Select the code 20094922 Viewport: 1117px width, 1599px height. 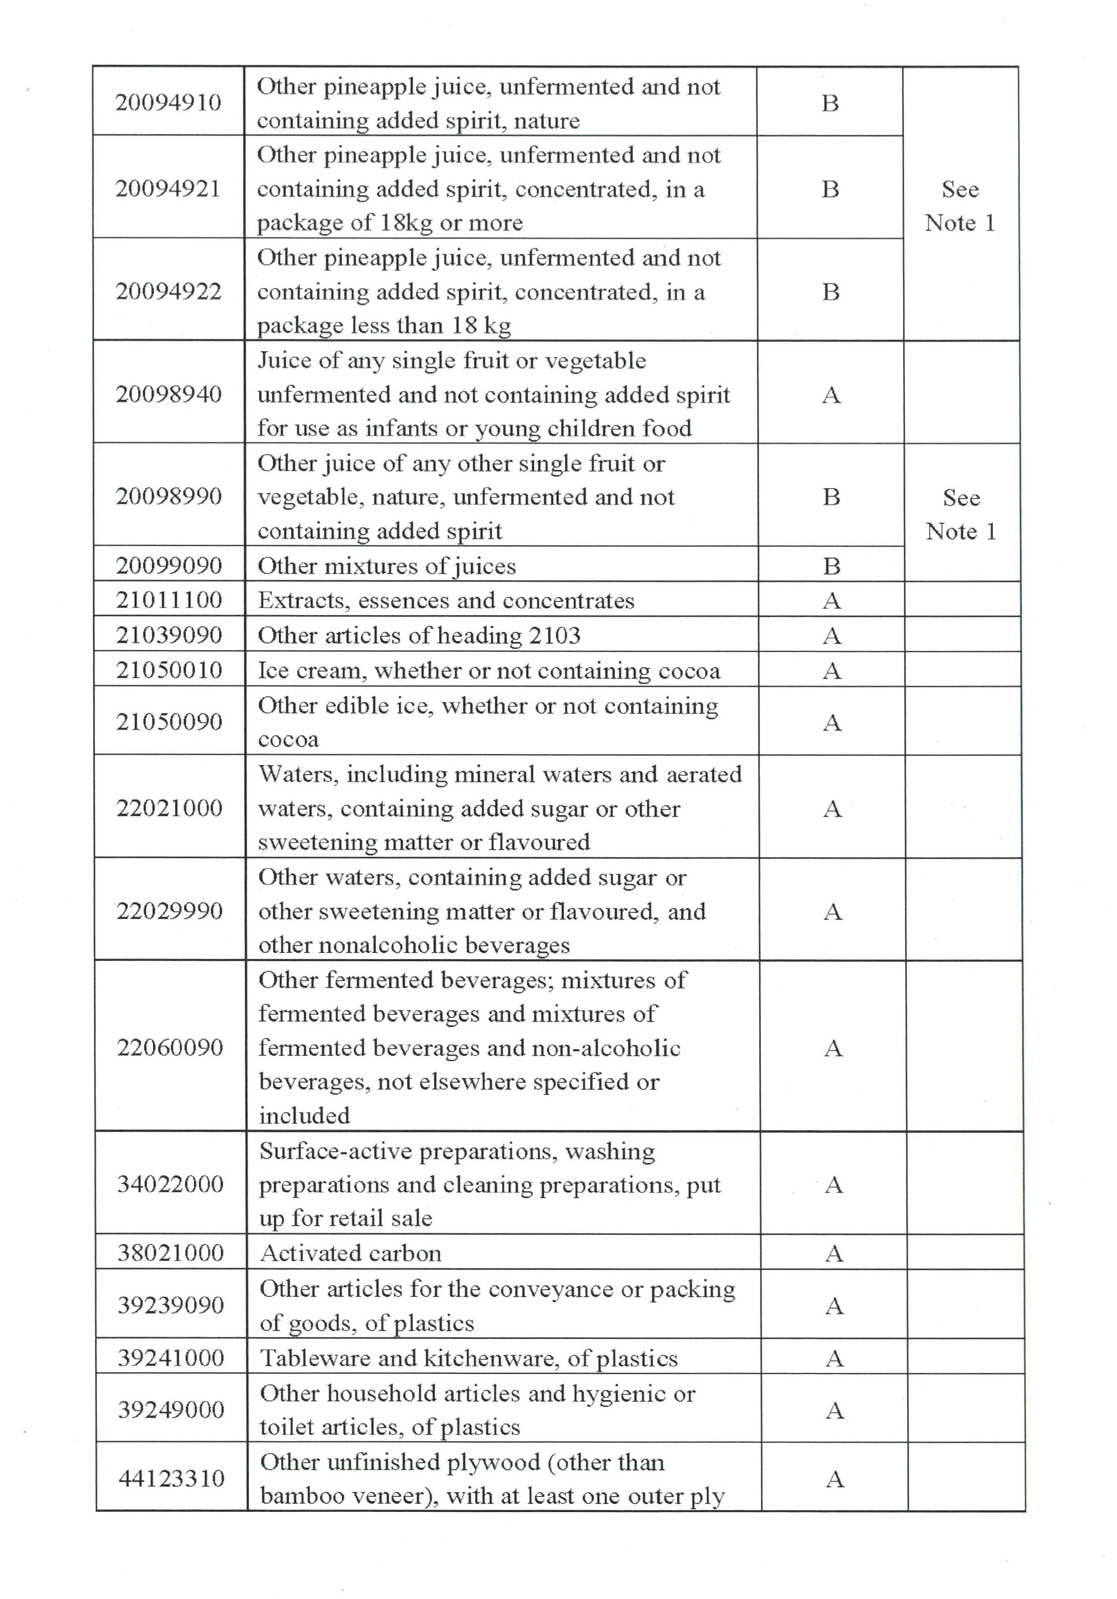click(169, 291)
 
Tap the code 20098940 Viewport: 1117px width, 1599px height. click(169, 394)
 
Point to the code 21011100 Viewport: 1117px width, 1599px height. click(169, 600)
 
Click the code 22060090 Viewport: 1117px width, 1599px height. click(170, 1047)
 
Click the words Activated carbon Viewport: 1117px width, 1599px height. click(350, 1253)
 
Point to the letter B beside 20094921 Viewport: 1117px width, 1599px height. click(830, 189)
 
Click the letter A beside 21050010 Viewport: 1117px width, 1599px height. click(832, 671)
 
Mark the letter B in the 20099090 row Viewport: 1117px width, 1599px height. click(831, 565)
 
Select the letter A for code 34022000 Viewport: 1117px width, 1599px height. click(834, 1184)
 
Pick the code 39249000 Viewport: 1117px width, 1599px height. click(171, 1410)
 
